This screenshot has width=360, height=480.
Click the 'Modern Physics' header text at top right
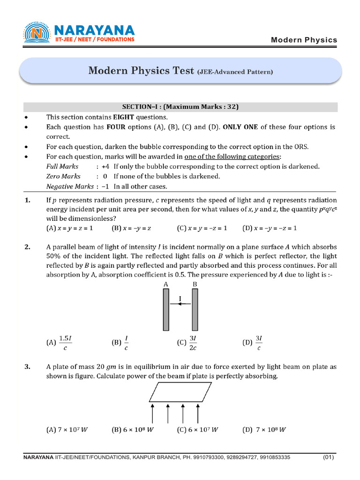click(304, 40)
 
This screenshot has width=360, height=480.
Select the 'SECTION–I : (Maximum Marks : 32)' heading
click(180, 107)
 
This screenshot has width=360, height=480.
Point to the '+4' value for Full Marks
click(105, 166)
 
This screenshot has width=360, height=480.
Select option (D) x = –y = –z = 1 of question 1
click(270, 228)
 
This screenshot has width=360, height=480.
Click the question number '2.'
click(27, 247)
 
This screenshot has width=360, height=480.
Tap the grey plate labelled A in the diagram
click(165, 309)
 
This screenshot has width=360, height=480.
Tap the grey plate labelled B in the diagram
click(195, 309)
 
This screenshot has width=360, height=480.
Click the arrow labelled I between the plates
click(180, 304)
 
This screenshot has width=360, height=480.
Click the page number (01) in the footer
click(329, 457)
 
